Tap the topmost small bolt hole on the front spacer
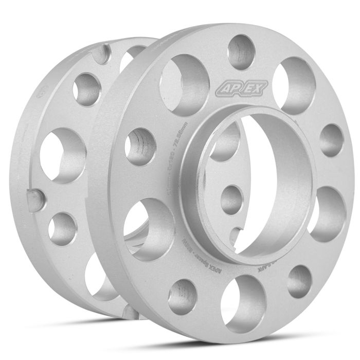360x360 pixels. pos(241,51)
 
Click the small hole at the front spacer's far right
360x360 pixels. pos(331,140)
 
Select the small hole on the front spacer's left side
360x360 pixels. pos(140,146)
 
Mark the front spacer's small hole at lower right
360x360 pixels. pos(299,281)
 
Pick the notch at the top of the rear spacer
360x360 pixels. pos(105,51)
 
